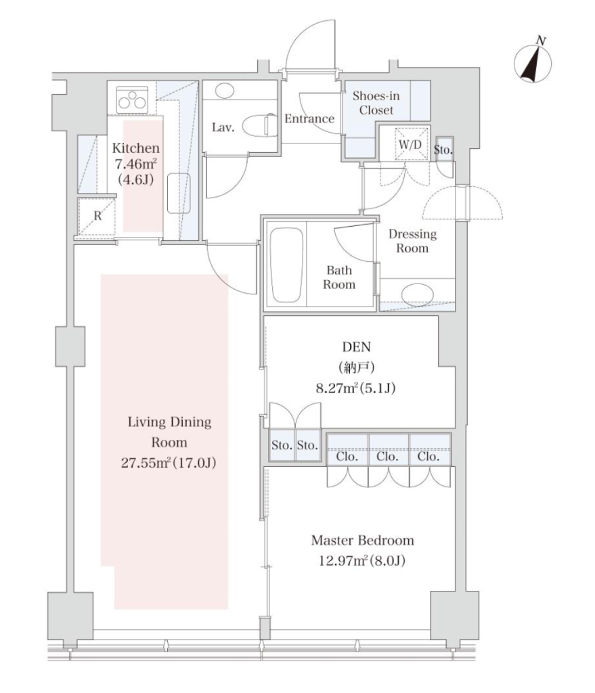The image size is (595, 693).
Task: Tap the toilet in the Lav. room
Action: (260, 125)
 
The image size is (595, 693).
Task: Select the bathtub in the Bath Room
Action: (286, 265)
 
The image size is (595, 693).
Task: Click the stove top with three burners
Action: (131, 100)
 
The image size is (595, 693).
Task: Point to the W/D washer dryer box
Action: (411, 143)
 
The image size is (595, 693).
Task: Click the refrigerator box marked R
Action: (96, 216)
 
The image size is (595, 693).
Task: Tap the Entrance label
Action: (309, 118)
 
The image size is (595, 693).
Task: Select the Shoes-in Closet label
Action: (376, 103)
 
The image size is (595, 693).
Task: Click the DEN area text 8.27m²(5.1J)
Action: (355, 388)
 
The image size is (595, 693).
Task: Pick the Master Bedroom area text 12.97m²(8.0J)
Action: (362, 560)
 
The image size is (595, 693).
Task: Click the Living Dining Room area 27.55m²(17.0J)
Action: (169, 463)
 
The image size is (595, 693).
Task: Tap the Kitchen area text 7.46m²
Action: (135, 164)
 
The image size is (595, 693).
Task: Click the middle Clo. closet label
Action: (388, 456)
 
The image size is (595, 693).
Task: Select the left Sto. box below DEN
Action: (282, 445)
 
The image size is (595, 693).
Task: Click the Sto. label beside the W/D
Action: (443, 150)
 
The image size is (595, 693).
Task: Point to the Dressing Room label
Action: (412, 241)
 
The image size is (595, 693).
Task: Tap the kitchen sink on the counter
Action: (179, 194)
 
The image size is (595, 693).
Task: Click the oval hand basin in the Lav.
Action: (225, 91)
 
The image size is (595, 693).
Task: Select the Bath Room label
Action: (339, 277)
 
